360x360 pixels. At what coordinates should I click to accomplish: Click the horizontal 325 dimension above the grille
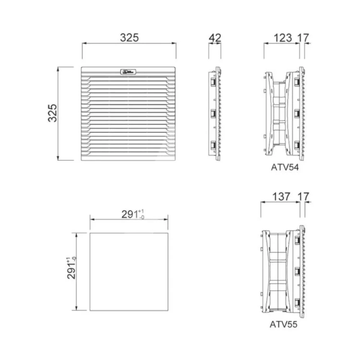[x=129, y=37]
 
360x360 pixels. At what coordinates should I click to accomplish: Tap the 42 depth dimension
[x=215, y=37]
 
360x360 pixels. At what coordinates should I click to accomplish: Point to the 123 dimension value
[x=282, y=37]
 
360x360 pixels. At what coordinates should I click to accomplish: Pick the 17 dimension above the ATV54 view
[x=303, y=37]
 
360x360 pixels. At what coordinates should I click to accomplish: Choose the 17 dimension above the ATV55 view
[x=303, y=196]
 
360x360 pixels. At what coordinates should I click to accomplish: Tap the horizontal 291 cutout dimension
[x=130, y=214]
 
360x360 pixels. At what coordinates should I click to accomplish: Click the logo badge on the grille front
[x=129, y=72]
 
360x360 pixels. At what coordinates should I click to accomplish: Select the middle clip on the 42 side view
[x=212, y=114]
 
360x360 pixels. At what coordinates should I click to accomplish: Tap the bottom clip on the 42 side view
[x=212, y=145]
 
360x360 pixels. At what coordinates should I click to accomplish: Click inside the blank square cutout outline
[x=129, y=271]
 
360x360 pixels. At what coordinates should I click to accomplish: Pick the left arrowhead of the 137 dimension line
[x=262, y=202]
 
